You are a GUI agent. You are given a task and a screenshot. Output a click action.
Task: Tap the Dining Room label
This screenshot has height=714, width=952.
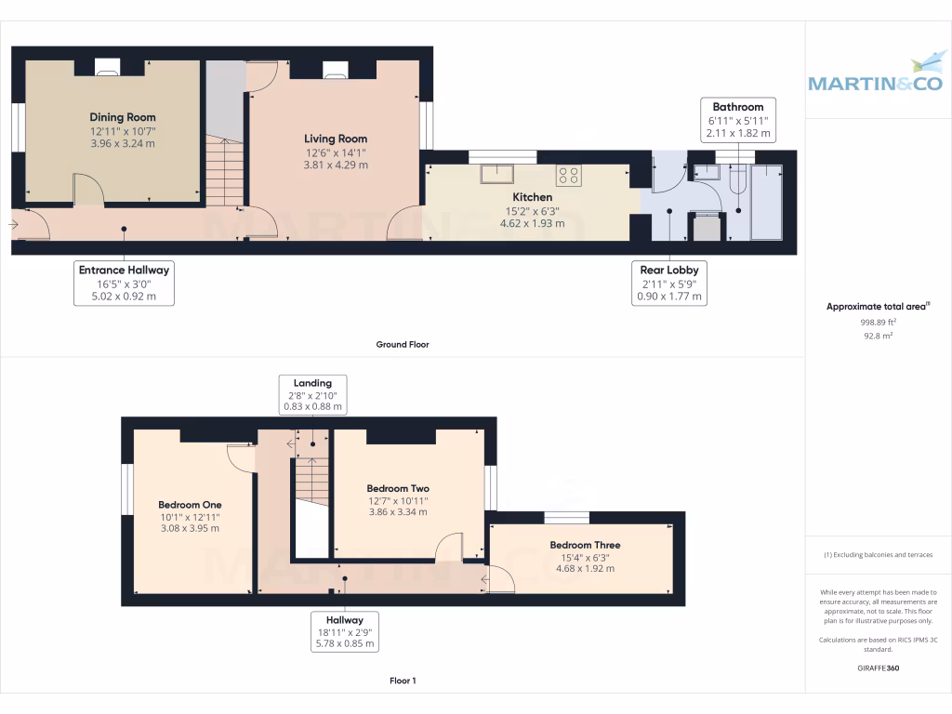[x=123, y=117]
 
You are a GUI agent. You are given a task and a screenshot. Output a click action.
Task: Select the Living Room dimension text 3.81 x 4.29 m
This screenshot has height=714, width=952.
[x=336, y=165]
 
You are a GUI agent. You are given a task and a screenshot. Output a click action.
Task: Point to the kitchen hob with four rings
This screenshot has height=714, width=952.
[x=569, y=175]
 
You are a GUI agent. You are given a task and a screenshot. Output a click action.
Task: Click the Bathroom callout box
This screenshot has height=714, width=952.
[x=738, y=120]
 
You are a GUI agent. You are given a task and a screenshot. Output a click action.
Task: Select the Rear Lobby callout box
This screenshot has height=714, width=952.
[x=669, y=284]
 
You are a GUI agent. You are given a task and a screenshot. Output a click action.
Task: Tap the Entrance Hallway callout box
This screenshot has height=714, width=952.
[x=124, y=284]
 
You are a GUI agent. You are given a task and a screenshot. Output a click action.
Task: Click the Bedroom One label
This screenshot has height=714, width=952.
[x=190, y=505]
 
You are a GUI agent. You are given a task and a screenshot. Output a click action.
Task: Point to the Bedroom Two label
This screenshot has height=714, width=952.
[x=398, y=488]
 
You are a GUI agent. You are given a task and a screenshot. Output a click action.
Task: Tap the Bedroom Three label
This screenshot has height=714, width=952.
[x=585, y=545]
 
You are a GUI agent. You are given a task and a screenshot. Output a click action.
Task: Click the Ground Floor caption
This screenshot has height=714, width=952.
[x=402, y=344]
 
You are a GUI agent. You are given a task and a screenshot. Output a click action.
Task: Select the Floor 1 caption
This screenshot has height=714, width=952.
[x=402, y=681]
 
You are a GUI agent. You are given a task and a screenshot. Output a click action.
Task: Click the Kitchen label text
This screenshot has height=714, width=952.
[x=533, y=197]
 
